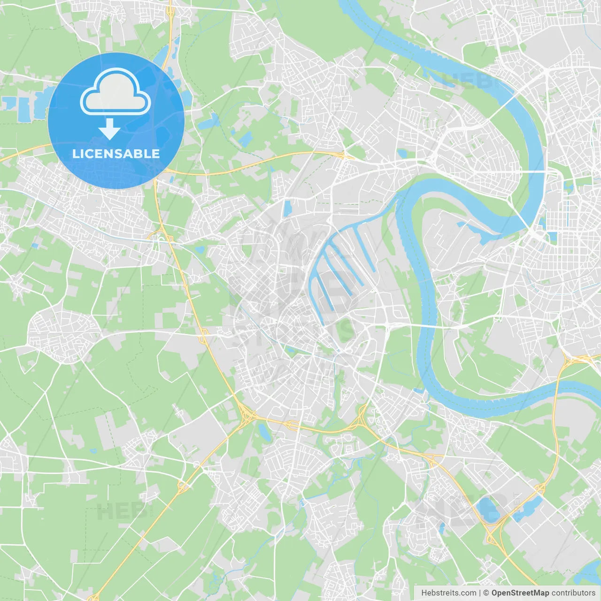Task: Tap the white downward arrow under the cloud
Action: pyautogui.click(x=109, y=129)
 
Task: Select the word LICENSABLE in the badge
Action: pyautogui.click(x=116, y=154)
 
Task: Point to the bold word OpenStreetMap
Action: pyautogui.click(x=520, y=593)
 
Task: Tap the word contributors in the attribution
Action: pyautogui.click(x=573, y=593)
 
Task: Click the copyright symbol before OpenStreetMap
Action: pyautogui.click(x=486, y=593)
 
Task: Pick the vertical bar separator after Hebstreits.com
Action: pyautogui.click(x=480, y=593)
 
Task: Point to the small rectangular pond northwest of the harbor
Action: pyautogui.click(x=287, y=208)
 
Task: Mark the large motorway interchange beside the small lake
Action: pyautogui.click(x=246, y=415)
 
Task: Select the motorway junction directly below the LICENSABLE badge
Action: pyautogui.click(x=162, y=233)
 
